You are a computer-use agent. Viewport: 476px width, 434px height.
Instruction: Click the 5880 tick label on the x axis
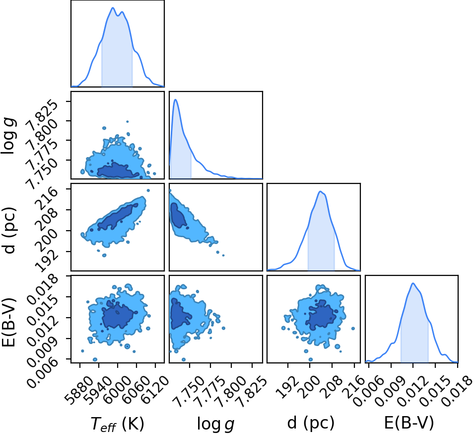[x=77, y=386]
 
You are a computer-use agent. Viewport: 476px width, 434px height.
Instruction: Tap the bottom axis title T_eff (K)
[x=117, y=424]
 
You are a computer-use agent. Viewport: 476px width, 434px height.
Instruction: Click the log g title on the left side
[x=9, y=136]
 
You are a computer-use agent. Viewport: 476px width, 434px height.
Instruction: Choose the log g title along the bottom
[x=215, y=424]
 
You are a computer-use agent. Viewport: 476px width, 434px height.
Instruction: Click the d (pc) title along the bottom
[x=311, y=423]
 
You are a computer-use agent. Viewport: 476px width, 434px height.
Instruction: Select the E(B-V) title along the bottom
[x=409, y=423]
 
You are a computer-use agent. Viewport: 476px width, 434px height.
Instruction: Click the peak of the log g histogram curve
[x=175, y=99]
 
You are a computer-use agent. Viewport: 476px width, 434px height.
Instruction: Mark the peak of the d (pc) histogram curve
[x=320, y=191]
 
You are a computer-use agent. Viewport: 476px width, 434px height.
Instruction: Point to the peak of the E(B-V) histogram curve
[x=413, y=283]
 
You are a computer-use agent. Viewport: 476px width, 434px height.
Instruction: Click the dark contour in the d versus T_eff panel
[x=117, y=217]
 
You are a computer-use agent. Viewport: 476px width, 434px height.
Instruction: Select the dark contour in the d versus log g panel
[x=179, y=215]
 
